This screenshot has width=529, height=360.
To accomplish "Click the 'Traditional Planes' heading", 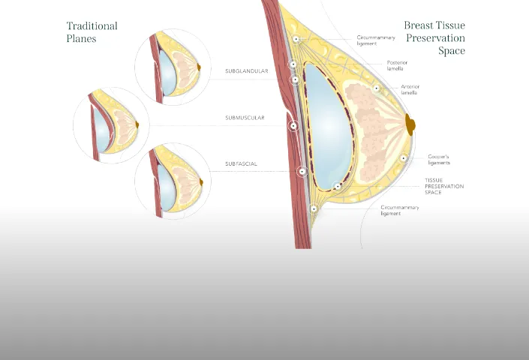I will coord(92,31).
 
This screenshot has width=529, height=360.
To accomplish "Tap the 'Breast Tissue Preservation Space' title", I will coord(434,38).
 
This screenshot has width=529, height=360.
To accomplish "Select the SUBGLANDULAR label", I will coord(246,71).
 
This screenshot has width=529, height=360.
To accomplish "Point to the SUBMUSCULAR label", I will coord(245,118).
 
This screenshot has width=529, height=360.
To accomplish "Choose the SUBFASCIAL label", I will coord(242,163).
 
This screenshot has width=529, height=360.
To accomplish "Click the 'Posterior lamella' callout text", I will coord(398,65).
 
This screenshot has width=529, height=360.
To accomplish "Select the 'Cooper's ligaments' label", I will coord(439,160).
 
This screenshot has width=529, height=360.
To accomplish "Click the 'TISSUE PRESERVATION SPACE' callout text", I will coord(444,187).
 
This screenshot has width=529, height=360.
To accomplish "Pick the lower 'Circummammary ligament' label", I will coord(400,210).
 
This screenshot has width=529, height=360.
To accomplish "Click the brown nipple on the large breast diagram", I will coord(410,124).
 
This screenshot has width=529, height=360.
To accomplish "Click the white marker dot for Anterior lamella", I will coord(376,88).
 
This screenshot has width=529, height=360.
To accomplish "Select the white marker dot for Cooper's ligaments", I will coord(404,158).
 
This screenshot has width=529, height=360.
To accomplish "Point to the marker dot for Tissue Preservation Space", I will coord(338,186).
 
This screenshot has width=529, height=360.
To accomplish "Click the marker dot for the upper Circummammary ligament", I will coord(296,39).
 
